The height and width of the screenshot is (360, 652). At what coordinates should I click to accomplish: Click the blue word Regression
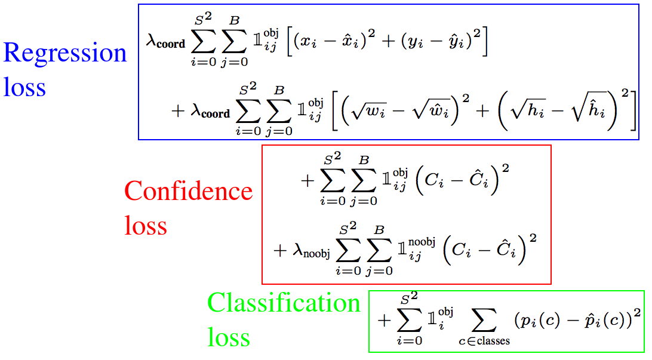pyautogui.click(x=65, y=54)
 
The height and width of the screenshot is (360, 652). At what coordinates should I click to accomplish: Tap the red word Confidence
pyautogui.click(x=188, y=191)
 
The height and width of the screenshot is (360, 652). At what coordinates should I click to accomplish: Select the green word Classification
pyautogui.click(x=284, y=303)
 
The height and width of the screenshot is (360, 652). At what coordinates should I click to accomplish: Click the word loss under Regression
pyautogui.click(x=24, y=87)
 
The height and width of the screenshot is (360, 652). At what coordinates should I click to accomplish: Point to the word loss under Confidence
pyautogui.click(x=145, y=226)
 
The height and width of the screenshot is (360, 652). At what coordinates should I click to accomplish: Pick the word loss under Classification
pyautogui.click(x=229, y=337)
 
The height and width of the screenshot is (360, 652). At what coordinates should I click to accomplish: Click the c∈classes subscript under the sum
pyautogui.click(x=484, y=342)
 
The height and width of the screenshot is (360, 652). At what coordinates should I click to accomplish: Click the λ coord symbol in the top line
pyautogui.click(x=165, y=42)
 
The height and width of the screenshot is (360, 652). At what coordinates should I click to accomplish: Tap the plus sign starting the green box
pyautogui.click(x=385, y=320)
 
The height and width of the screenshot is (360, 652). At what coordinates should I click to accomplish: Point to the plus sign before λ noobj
pyautogui.click(x=280, y=251)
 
